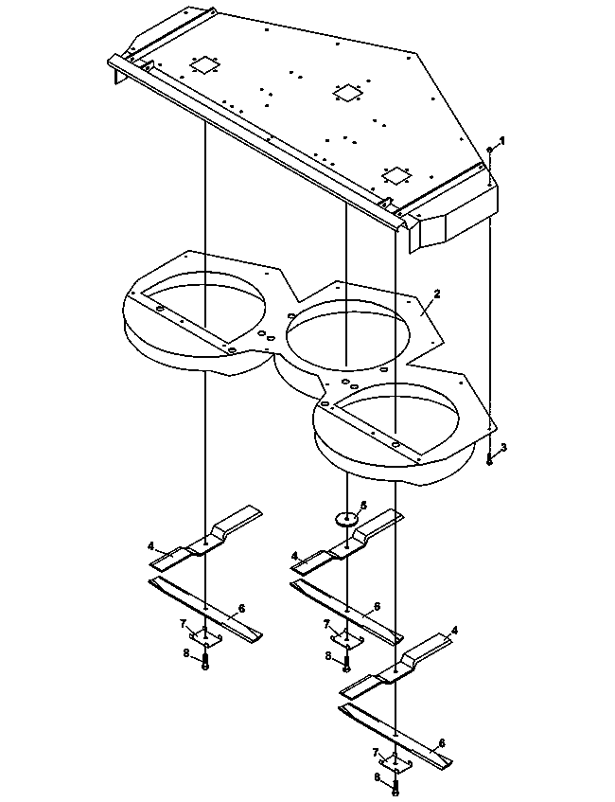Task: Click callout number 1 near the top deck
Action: coord(502,140)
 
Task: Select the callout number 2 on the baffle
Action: coord(436,294)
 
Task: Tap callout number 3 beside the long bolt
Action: coord(503,447)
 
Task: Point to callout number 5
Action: coord(363,506)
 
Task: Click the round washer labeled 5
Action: coord(346,519)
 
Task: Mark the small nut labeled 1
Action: coord(490,150)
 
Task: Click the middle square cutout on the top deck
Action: coord(347,93)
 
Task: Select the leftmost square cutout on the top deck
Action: coord(204,65)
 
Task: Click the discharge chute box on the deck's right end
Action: coord(454,219)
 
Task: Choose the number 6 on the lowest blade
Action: coord(442,742)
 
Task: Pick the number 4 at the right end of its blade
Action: coord(454,632)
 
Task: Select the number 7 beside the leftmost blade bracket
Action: coord(183,623)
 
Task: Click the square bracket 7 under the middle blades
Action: coord(346,640)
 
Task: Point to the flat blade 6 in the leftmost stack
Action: coord(205,609)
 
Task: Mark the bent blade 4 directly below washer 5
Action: coord(347,544)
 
